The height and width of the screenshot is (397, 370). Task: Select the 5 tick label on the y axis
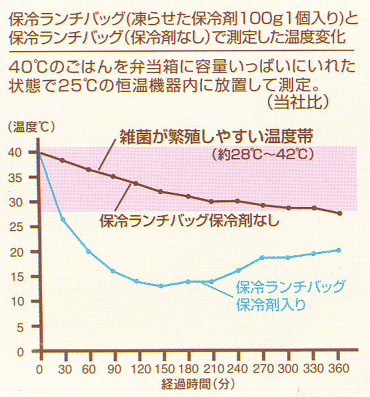[x=21, y=327]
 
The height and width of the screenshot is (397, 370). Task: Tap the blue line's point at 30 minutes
[x=63, y=220]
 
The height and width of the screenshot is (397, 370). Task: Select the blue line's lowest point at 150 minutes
[x=161, y=286]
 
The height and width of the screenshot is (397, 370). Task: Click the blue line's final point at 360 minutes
[x=339, y=250]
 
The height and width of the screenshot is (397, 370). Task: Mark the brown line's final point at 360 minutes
[x=339, y=213]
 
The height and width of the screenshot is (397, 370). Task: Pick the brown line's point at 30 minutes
[x=63, y=160]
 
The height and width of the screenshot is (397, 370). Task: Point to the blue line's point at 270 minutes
[x=262, y=257]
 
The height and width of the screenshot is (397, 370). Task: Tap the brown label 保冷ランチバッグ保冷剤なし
[x=189, y=221]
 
